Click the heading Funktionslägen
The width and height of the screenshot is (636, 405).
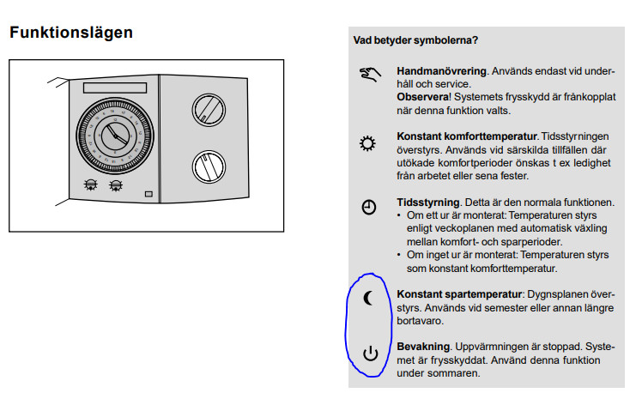[x=71, y=33]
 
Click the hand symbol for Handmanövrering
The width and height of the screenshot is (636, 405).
[x=370, y=75]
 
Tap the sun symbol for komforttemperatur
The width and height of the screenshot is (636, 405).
[x=367, y=143]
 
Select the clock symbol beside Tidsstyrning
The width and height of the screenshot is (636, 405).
[x=369, y=207]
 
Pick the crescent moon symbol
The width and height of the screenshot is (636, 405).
[x=368, y=299]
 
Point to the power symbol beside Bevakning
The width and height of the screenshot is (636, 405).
[x=370, y=354]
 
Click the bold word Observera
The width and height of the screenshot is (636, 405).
[x=422, y=97]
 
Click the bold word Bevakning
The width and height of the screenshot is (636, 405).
[x=423, y=347]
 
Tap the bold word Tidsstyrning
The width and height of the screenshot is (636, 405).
[x=428, y=202]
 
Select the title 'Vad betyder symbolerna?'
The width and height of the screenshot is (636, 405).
[x=415, y=40]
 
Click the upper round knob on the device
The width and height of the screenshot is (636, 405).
[x=209, y=110]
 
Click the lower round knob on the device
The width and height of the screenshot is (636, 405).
[x=209, y=166]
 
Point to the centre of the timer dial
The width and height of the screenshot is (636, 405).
[x=115, y=136]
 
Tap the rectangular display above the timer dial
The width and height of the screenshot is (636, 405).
[x=115, y=88]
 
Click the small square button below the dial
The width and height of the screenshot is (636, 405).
[x=148, y=194]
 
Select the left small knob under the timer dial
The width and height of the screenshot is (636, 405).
[x=90, y=184]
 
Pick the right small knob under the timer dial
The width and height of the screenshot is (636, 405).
[x=116, y=185]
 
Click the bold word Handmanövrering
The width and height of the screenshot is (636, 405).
[x=441, y=71]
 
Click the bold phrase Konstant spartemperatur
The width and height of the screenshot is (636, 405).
[x=459, y=294]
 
